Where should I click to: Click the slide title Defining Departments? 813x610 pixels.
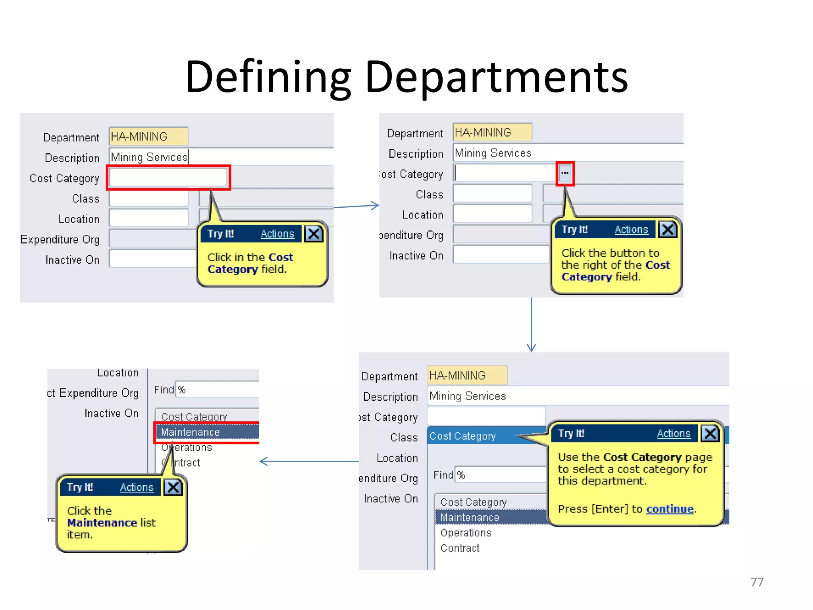coord(406,77)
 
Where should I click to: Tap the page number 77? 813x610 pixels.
coord(757,582)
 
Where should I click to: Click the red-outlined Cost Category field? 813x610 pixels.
coord(168,178)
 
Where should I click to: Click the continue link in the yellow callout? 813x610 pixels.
coord(670,509)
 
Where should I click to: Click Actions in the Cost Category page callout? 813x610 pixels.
coord(674,434)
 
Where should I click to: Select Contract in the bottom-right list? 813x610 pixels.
coord(460,548)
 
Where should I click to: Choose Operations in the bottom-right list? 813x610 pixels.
coord(466,533)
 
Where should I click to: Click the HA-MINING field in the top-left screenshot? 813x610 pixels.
coord(148,137)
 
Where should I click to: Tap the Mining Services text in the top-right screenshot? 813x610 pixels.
coord(493,153)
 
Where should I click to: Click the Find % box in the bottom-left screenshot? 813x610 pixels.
coord(216,390)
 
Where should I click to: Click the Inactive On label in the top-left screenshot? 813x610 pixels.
coord(72,260)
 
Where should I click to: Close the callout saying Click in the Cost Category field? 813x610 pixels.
coord(314,234)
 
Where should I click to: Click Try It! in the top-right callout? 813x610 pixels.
coord(574,230)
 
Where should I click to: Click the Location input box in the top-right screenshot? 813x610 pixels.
coord(492,214)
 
